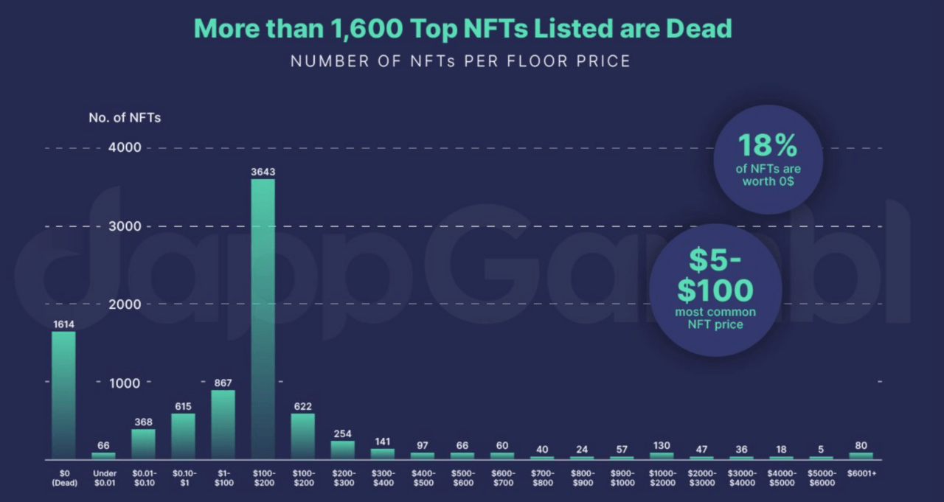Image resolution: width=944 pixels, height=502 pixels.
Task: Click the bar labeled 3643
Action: pos(263,318)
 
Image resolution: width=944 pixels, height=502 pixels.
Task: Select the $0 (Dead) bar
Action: pos(63,395)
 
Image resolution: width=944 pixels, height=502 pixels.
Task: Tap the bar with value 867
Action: pos(223,425)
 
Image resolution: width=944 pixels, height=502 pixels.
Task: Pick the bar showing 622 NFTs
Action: pos(302,436)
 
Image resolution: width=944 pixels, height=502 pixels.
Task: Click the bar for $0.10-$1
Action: pos(184,436)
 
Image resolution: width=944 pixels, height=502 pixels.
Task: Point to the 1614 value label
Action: pos(63,324)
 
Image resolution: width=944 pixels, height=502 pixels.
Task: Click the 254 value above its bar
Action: pos(343,433)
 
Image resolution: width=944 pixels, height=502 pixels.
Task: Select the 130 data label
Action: pos(662,445)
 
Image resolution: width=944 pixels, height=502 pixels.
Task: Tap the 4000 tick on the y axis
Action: pos(125,147)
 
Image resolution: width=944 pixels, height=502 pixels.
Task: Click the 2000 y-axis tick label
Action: pos(125,304)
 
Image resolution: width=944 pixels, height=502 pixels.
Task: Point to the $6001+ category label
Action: pos(862,473)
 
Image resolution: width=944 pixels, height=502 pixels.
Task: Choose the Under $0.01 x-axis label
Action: pos(104,478)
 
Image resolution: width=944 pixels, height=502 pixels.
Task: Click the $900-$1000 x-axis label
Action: pos(622,478)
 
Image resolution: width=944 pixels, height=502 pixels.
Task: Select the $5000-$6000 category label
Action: pos(822,478)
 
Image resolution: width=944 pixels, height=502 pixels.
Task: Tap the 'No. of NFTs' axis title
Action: pos(125,117)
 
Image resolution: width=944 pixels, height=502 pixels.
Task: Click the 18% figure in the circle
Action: pos(768,145)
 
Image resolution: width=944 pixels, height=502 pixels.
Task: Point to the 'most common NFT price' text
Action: pos(715,318)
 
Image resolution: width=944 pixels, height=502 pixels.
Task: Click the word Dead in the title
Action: pos(698,28)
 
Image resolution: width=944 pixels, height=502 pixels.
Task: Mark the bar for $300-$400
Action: pos(383,453)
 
